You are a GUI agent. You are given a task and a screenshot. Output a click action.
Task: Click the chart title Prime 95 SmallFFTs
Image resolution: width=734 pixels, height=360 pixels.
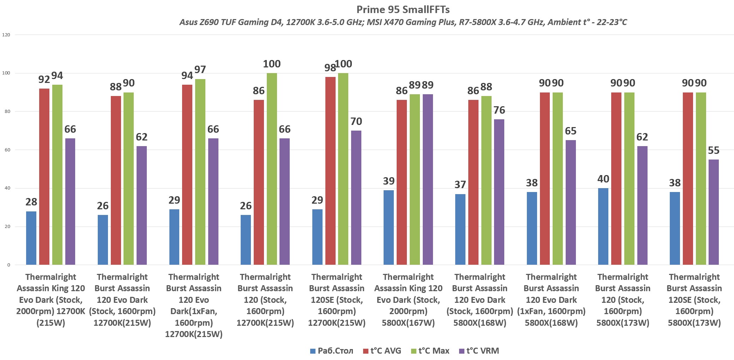point(403,9)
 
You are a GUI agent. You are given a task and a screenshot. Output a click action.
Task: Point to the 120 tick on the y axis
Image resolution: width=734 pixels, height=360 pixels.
point(6,35)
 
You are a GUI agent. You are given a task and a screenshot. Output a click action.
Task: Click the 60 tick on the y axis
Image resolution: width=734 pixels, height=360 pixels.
point(7,150)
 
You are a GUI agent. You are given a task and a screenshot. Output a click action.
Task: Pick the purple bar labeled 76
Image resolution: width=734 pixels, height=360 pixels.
point(499,192)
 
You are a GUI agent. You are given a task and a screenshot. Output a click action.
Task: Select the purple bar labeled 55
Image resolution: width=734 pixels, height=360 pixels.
point(714,212)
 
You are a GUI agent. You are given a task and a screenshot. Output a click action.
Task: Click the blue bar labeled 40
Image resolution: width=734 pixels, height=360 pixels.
point(603,226)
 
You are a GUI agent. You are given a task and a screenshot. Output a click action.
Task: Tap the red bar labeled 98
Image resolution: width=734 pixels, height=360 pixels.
point(331,171)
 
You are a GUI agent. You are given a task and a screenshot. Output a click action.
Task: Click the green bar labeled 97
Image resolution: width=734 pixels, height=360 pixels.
point(200,172)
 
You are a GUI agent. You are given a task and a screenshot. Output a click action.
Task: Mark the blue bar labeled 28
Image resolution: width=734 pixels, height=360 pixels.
point(31,238)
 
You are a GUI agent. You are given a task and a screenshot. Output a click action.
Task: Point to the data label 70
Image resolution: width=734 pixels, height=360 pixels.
point(356,121)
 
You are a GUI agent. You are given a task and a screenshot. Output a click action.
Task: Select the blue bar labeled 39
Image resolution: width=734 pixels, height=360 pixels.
point(389,227)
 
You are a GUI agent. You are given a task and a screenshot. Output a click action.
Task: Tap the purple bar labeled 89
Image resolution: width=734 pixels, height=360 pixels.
point(428,179)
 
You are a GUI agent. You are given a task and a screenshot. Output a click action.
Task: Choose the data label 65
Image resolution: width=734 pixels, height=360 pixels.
point(571,131)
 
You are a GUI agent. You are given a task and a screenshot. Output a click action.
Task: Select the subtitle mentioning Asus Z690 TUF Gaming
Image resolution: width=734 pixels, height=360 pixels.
point(403,22)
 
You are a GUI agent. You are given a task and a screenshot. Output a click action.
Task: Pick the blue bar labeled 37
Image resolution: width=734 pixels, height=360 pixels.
point(460,229)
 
